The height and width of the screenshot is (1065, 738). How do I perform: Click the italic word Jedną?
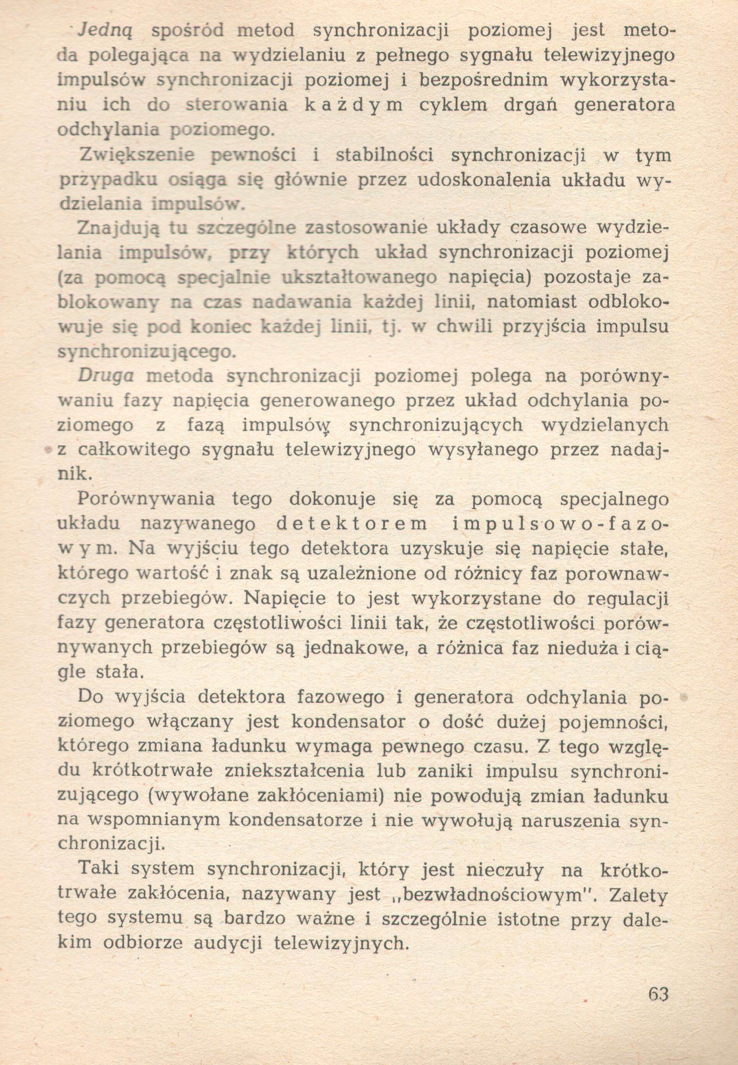pos(106,31)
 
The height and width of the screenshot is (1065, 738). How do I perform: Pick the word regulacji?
pos(627,599)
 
